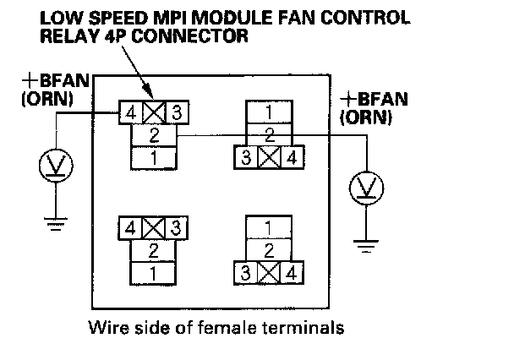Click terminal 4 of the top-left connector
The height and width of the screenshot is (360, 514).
(x=131, y=112)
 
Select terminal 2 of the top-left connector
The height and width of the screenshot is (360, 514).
(x=154, y=134)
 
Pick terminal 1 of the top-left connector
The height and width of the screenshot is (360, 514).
(x=154, y=156)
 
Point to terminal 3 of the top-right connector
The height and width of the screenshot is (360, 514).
(x=246, y=157)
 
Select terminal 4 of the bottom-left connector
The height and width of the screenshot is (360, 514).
(x=131, y=228)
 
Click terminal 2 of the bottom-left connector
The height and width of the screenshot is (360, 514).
(x=154, y=251)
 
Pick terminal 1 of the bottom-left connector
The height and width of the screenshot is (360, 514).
(x=154, y=273)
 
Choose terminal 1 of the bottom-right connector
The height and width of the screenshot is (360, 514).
(x=269, y=228)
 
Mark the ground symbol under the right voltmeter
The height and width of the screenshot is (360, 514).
(x=366, y=247)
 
